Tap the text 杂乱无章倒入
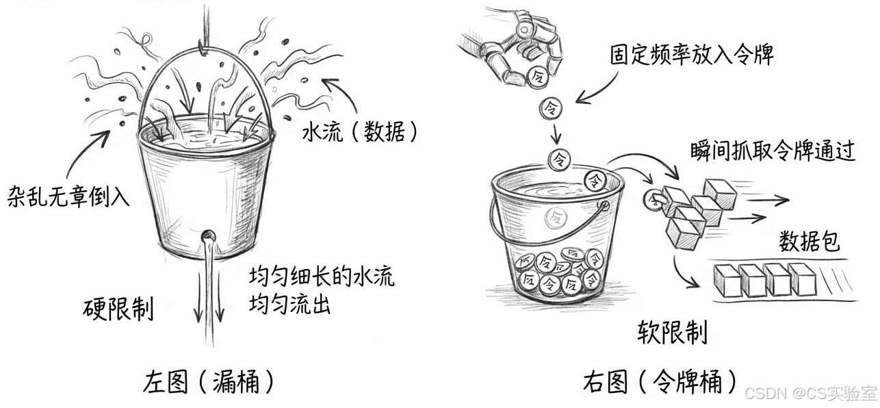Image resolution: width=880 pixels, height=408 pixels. click(x=68, y=197)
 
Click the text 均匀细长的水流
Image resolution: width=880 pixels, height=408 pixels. click(x=322, y=278)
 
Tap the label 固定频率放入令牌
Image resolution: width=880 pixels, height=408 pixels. click(x=692, y=55)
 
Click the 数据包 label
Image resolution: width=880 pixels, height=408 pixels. click(x=810, y=241)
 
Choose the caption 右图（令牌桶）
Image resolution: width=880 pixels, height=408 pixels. click(x=661, y=381)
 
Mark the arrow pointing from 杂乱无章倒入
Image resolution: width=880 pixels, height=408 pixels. click(x=96, y=151)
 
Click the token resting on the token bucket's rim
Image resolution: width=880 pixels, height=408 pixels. click(x=594, y=180)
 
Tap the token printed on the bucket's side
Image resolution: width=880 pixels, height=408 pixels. click(x=552, y=218)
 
